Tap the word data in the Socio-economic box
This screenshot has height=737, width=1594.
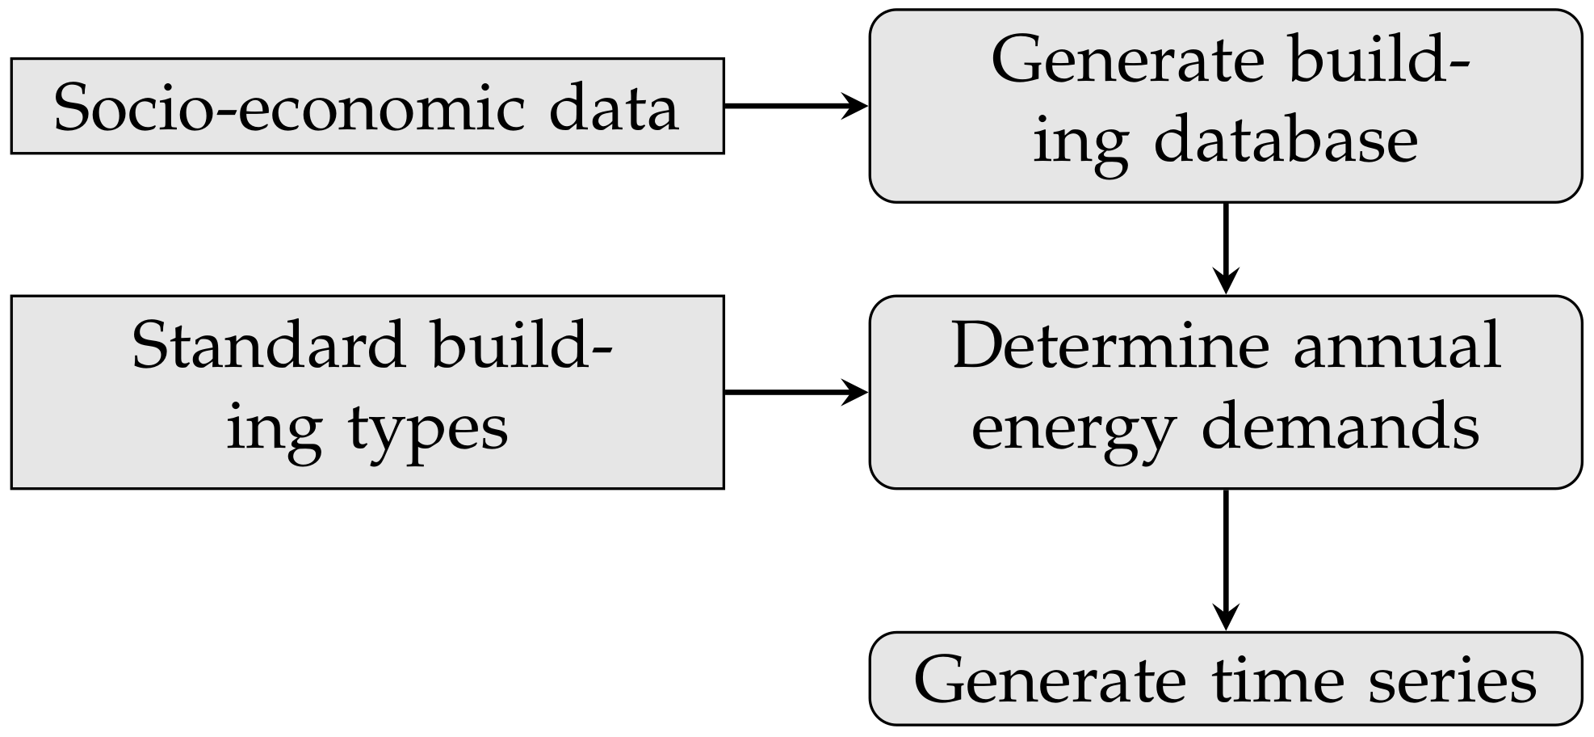click(614, 108)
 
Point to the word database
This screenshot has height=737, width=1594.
click(1286, 141)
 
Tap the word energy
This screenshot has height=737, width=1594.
click(1072, 428)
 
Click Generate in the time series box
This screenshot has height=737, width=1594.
click(1050, 680)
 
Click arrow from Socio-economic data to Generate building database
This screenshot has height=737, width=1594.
click(795, 106)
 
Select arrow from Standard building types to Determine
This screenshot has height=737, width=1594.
click(795, 393)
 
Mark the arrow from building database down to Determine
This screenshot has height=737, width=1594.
click(1226, 246)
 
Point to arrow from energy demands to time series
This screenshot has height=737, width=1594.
click(1226, 558)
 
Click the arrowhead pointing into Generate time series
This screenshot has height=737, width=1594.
click(1226, 619)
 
